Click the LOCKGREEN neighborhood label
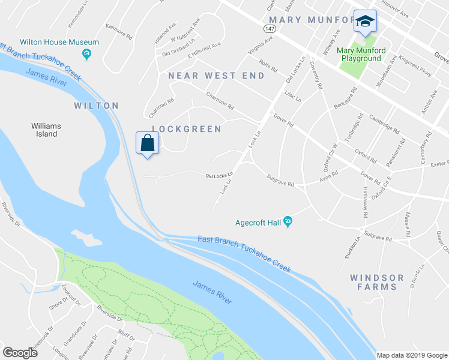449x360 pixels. (187, 129)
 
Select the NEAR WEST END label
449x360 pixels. (216, 76)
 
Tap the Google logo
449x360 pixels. (20, 353)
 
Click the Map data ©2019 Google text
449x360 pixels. (412, 355)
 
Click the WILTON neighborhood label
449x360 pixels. (96, 106)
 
